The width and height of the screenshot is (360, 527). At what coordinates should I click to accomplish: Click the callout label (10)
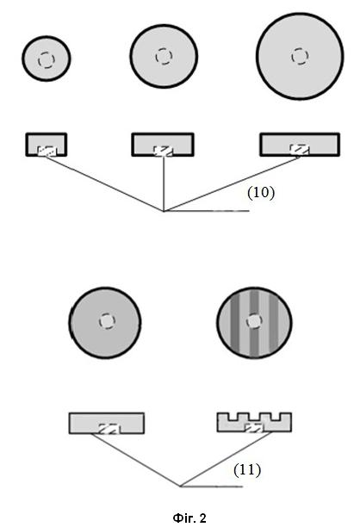coord(261,193)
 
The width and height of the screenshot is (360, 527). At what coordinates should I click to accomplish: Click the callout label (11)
coord(247,469)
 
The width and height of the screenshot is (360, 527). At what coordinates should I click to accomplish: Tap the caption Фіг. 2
coord(189,518)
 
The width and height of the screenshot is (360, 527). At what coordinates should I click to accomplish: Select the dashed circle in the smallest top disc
coord(46,60)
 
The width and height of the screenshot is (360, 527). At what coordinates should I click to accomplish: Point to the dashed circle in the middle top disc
coord(164,56)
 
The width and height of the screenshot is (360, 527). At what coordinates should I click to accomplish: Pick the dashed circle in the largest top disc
coord(300,56)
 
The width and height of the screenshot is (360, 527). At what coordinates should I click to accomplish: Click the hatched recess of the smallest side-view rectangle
coord(46,151)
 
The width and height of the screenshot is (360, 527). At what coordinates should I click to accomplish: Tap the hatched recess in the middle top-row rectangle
coord(164,151)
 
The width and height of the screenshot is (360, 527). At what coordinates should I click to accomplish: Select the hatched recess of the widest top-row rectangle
coord(300,150)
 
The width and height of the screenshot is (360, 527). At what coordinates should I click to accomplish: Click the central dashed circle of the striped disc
coord(254,322)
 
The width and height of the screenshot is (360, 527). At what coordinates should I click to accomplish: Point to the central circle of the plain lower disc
coord(108,321)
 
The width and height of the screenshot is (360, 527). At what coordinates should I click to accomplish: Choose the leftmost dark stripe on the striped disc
coord(234,323)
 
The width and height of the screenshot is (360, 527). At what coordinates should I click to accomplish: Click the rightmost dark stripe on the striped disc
coord(274,323)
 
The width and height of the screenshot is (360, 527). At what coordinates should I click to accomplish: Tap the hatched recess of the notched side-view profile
coord(254,428)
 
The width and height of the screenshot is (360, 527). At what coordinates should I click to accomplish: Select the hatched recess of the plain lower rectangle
coord(109,429)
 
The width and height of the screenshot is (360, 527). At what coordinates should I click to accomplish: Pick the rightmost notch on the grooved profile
coord(276,417)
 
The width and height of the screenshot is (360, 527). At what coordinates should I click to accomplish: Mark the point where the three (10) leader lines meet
coord(164,211)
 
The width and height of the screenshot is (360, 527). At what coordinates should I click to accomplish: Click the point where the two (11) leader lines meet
coord(181,486)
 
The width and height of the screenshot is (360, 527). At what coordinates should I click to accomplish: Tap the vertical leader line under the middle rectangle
coord(164,183)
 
